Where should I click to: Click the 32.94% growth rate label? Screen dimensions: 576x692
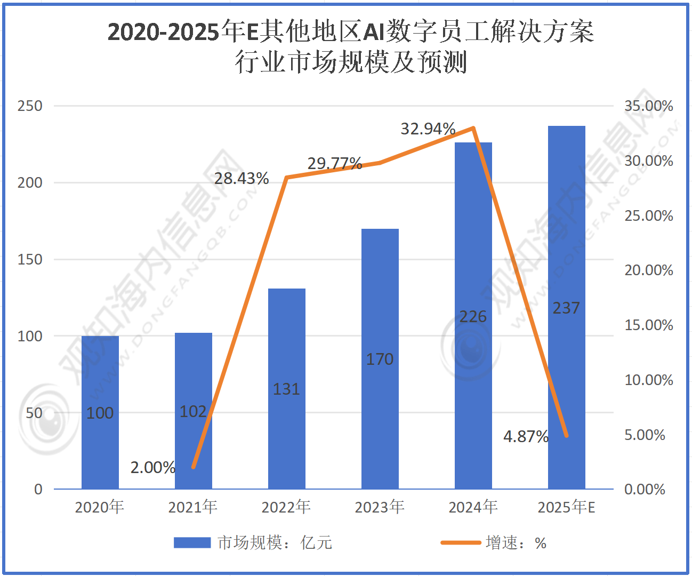coord(428,129)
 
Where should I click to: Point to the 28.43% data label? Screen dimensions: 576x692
coord(242,179)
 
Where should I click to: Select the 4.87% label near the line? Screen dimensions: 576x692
coord(526,437)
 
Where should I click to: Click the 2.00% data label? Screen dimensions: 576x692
coord(153,468)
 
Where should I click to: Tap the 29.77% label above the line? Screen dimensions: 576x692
coord(335,164)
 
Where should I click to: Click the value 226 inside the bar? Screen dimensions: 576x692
coord(473,317)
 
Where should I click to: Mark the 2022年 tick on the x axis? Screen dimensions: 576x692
coord(286,507)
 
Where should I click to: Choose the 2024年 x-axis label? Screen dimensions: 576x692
coord(473,507)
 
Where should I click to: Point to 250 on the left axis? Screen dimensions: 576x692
coord(30,106)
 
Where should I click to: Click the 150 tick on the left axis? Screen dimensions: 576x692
coord(30,259)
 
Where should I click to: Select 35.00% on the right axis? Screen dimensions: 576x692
coord(649,106)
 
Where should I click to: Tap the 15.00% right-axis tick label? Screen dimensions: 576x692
coord(649,325)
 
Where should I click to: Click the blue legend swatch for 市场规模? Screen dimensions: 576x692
coord(192,543)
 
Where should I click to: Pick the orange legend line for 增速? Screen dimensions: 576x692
coord(461,543)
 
